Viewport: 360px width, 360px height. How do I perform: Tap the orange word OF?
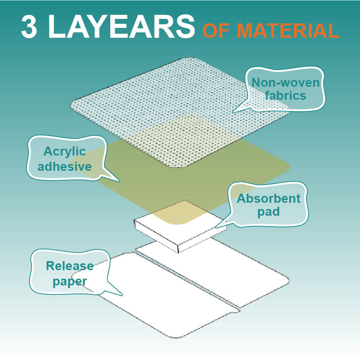click(x=216, y=31)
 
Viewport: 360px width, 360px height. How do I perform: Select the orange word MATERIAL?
click(x=288, y=31)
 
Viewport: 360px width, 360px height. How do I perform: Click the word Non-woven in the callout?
click(x=285, y=82)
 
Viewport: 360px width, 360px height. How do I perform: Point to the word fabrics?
click(x=285, y=95)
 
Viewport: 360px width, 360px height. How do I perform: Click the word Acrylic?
click(x=65, y=152)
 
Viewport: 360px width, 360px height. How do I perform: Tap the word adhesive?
click(x=65, y=166)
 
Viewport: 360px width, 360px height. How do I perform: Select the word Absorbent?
click(x=269, y=198)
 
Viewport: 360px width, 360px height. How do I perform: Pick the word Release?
click(x=70, y=266)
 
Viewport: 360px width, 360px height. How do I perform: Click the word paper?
click(x=70, y=282)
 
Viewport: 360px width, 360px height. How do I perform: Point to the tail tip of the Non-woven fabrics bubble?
click(x=233, y=112)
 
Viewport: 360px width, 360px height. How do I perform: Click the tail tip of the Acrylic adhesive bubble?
click(x=119, y=182)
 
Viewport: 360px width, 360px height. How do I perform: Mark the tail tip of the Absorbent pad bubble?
click(x=215, y=228)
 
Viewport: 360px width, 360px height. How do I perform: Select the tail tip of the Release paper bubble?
click(x=122, y=295)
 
